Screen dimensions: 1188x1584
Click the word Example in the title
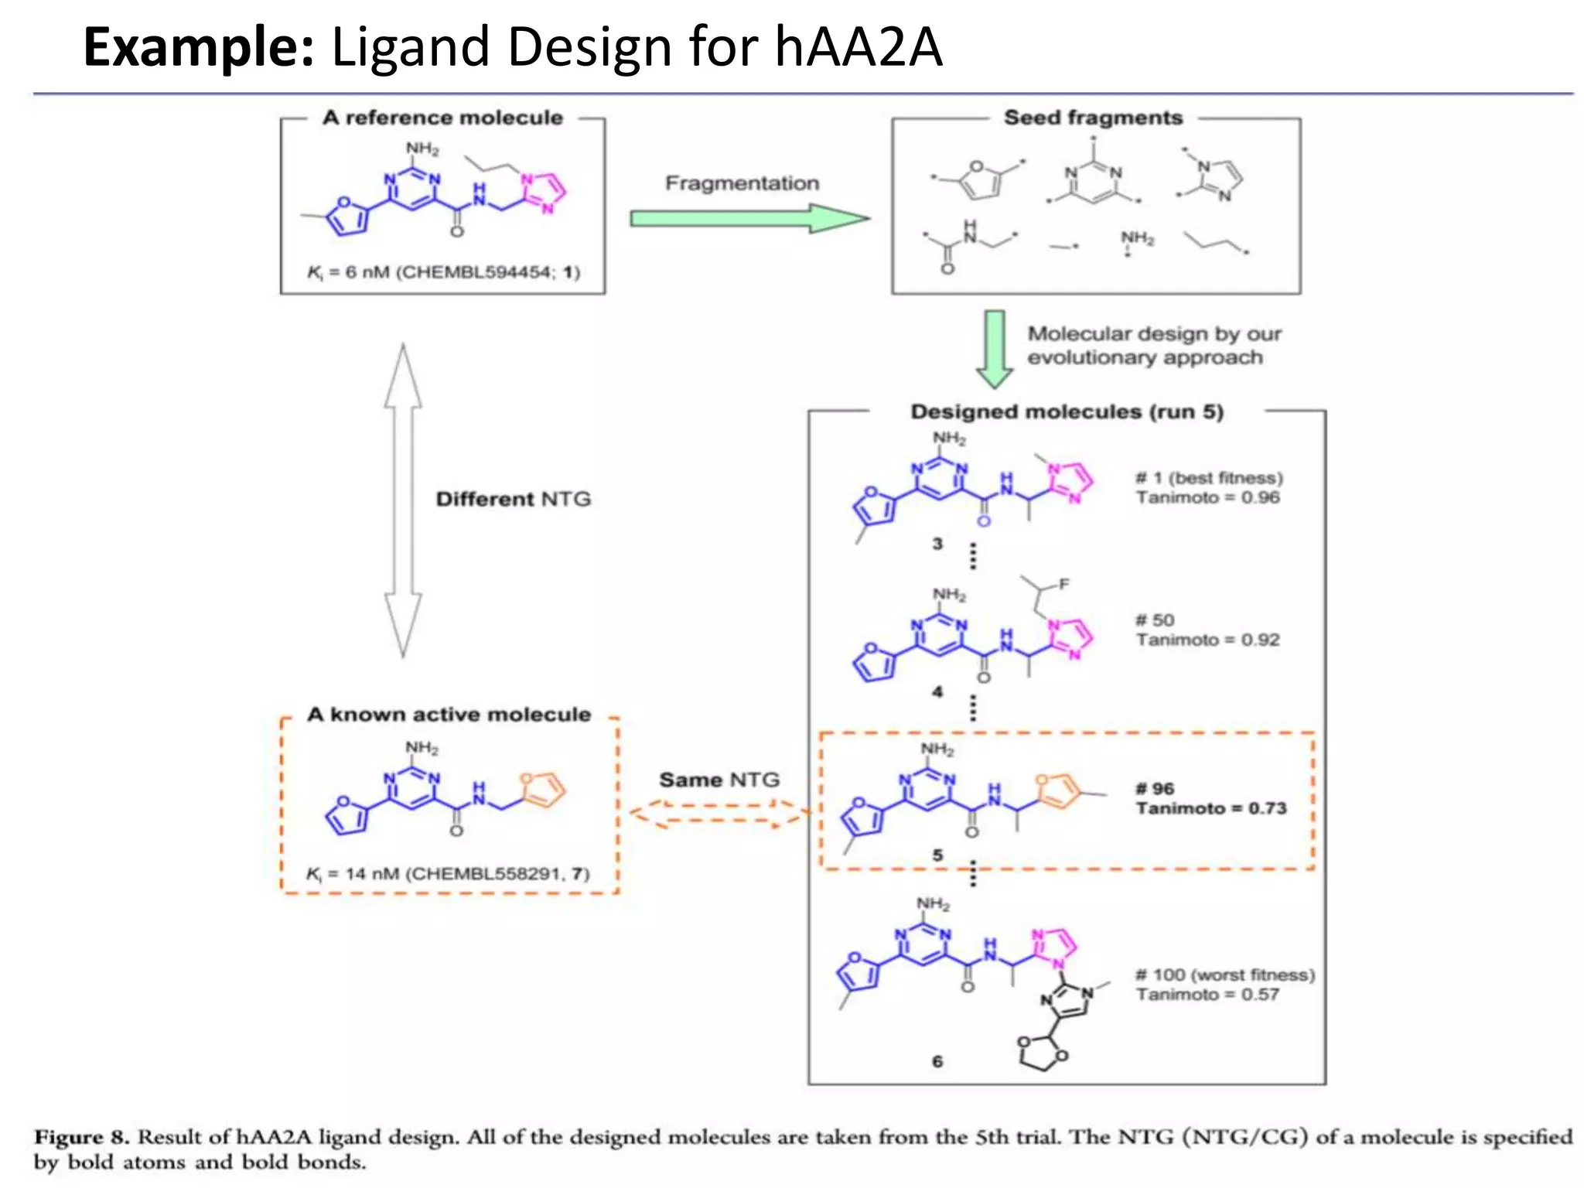[198, 48]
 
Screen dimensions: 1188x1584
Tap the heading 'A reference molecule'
[442, 118]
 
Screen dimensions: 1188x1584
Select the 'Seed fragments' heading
[1093, 118]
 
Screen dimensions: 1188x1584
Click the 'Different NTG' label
[514, 499]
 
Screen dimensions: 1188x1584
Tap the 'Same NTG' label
[719, 780]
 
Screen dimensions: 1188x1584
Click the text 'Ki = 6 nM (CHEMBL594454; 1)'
[443, 272]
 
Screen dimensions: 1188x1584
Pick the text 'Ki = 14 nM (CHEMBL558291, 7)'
[448, 874]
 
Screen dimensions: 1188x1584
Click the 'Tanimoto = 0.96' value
[1207, 497]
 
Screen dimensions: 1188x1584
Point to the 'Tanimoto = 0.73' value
[1210, 808]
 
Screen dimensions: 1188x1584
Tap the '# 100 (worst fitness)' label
[1225, 975]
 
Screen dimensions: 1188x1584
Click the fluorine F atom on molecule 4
[1064, 585]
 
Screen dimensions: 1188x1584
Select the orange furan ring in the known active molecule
[542, 790]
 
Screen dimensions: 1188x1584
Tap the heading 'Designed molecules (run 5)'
[1067, 411]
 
